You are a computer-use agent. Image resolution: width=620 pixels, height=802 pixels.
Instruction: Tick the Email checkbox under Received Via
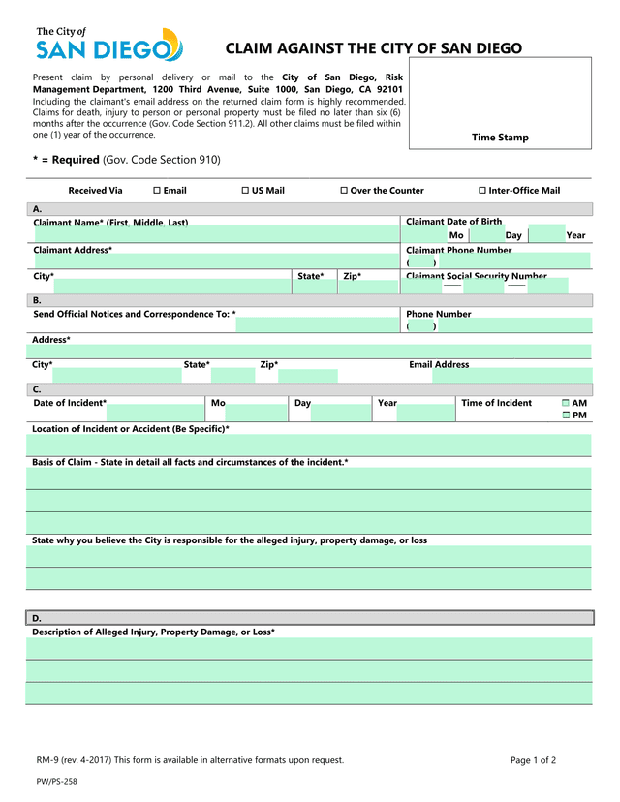tap(157, 191)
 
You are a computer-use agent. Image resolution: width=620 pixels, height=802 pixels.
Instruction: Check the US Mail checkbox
tap(244, 191)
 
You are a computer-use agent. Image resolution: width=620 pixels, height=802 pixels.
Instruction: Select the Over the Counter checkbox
tap(344, 191)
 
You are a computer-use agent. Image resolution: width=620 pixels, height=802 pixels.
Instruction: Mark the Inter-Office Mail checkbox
tap(482, 191)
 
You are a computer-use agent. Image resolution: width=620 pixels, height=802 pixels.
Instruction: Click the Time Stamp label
tap(500, 138)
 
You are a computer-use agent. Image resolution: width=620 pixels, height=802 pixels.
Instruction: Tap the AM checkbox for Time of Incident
tap(566, 403)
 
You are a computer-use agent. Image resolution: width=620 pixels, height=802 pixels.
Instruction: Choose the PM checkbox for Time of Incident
tap(566, 416)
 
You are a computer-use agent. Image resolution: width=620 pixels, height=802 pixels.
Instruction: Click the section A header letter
tap(37, 209)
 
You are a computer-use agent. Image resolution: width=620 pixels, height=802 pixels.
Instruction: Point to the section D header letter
tap(37, 618)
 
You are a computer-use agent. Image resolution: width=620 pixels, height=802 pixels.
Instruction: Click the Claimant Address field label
tap(73, 250)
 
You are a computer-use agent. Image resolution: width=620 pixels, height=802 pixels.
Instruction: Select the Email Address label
tap(439, 365)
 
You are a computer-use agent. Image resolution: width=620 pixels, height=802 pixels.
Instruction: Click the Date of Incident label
tap(70, 403)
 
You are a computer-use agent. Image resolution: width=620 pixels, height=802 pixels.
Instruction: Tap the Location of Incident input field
tap(308, 445)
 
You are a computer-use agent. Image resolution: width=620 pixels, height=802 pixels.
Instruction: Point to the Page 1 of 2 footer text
tap(533, 760)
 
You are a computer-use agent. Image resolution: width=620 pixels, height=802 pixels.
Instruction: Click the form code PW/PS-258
tap(56, 781)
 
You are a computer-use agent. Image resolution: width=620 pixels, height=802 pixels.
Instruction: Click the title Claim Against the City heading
tap(373, 48)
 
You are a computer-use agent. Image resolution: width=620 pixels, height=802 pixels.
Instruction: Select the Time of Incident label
tap(496, 403)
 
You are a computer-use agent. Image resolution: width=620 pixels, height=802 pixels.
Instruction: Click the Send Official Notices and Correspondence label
tap(134, 314)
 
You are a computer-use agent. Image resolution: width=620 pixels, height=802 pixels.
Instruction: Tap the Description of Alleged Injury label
tap(153, 632)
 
